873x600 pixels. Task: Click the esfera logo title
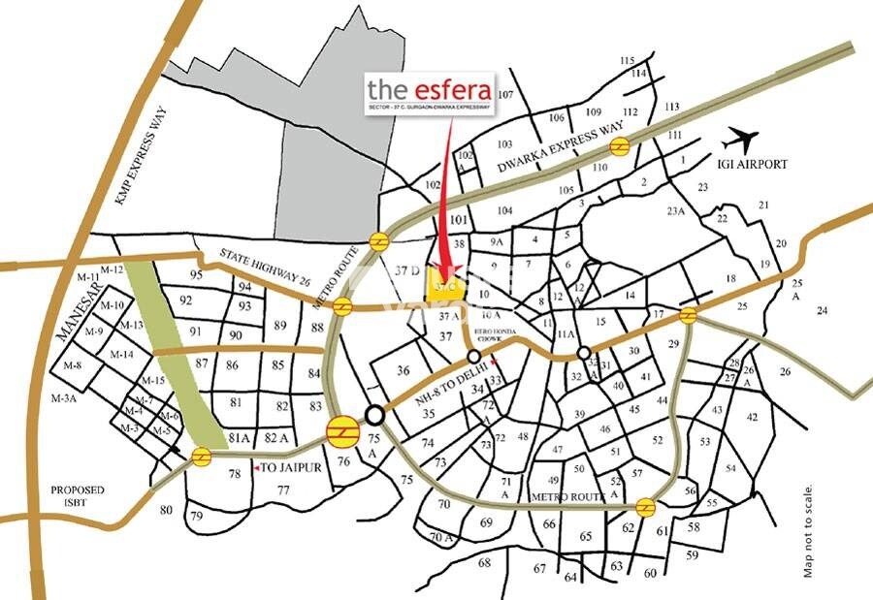(429, 89)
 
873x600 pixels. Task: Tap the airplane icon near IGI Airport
(747, 139)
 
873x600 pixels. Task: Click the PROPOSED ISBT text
(78, 496)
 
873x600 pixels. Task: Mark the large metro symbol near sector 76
(342, 428)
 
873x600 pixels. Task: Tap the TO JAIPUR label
(285, 467)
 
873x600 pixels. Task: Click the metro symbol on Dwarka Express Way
(620, 146)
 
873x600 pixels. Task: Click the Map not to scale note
(808, 531)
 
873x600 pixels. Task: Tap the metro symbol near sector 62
(645, 508)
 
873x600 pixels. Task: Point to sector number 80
(166, 510)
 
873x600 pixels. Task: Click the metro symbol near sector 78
(203, 456)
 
